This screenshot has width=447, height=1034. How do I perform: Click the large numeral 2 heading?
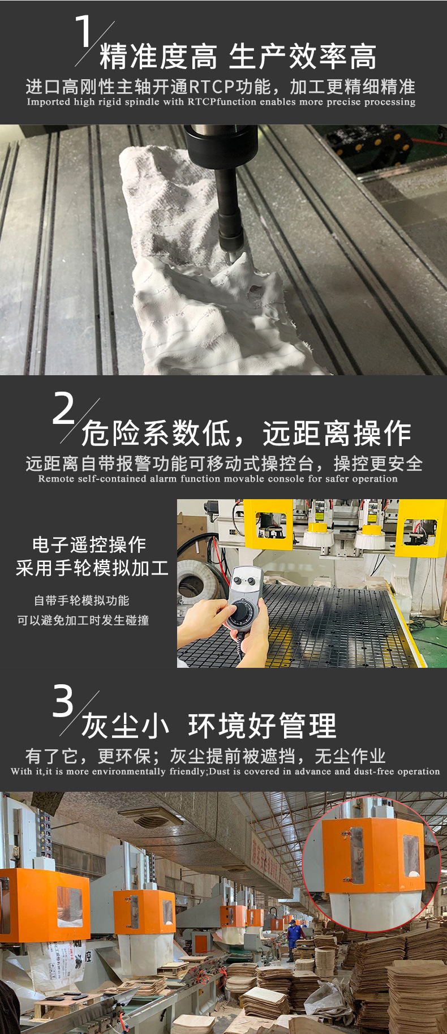[63, 408]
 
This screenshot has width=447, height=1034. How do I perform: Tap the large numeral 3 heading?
[63, 701]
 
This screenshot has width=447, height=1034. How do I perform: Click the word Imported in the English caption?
[49, 102]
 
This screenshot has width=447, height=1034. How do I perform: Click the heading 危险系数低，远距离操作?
[246, 434]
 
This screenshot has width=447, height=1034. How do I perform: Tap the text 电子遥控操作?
[89, 545]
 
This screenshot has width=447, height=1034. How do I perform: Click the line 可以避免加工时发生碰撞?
[83, 620]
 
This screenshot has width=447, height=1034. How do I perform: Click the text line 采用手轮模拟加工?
[92, 568]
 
